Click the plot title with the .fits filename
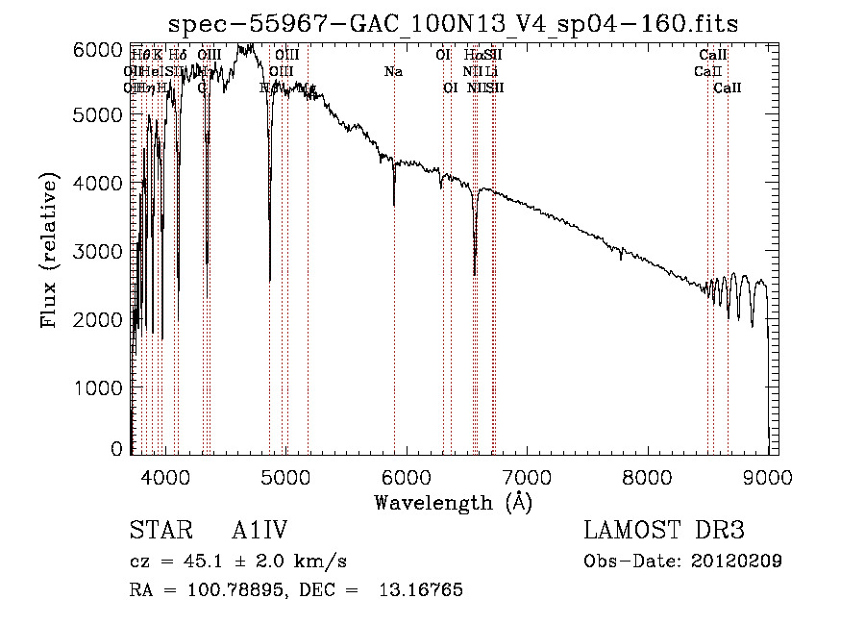454,24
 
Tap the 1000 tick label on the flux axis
99,387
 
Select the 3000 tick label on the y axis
99,251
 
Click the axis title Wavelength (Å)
454,502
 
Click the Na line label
392,72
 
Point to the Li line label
491,72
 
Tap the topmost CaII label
713,56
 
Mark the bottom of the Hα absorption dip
475,274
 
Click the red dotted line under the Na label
394,288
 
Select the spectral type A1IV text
260,532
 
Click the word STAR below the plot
155,532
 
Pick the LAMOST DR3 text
663,532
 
